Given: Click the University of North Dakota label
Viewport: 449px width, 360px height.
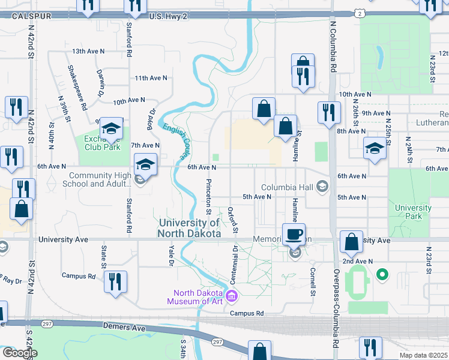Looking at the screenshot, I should pos(190,228).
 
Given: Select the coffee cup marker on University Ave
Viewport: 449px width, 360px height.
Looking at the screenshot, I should pos(294,234).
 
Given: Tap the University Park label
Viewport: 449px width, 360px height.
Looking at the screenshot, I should pos(413,212).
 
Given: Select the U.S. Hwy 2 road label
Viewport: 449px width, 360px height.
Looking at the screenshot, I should pos(169,16).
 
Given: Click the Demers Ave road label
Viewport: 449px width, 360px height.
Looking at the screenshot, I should pos(124,328).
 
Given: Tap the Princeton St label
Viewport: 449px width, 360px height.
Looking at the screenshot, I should pos(209,196).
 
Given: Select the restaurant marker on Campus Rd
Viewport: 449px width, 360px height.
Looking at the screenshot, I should pos(114,281).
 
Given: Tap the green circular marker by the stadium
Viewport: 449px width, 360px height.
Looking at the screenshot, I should pos(381,275).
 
